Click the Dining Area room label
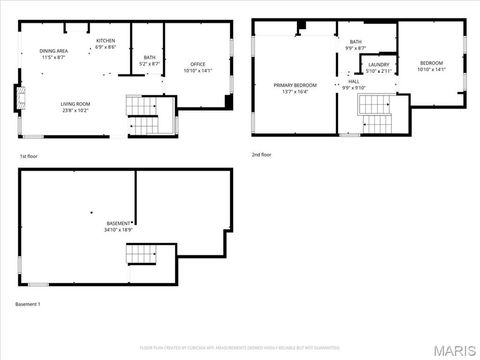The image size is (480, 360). click(54, 50)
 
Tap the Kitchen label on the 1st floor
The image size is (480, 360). click(105, 41)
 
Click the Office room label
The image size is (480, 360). click(198, 64)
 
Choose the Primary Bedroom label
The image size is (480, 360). click(295, 85)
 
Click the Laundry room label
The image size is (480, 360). click(378, 64)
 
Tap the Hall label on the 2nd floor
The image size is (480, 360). click(354, 81)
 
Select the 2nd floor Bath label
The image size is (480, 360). click(355, 41)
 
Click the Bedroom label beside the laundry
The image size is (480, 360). click(431, 64)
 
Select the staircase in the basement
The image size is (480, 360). click(141, 254)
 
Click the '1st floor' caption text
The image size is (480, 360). click(30, 156)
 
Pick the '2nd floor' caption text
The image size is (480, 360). click(262, 155)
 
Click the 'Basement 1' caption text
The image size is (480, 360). click(28, 303)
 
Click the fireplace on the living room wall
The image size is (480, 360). click(16, 98)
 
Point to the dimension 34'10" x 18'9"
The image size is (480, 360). click(119, 229)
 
